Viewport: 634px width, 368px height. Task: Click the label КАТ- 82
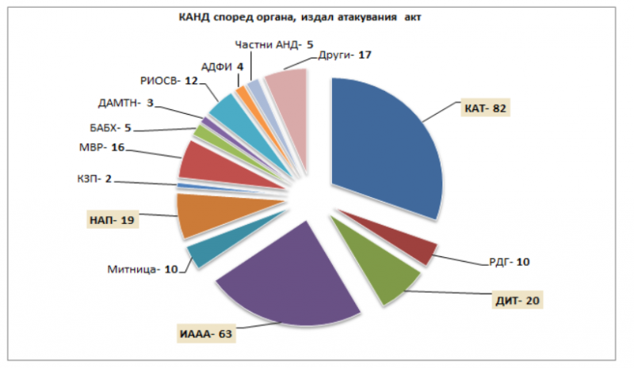point(485,108)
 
